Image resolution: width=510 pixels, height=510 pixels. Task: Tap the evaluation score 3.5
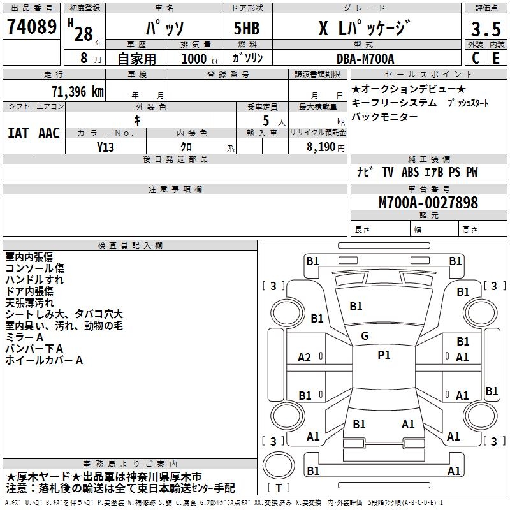[486, 30]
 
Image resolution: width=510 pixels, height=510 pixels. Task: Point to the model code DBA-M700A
[365, 59]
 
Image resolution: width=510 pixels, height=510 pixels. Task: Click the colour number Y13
[106, 147]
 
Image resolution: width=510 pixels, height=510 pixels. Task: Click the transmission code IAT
[18, 133]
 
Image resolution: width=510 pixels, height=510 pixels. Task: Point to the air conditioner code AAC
[49, 133]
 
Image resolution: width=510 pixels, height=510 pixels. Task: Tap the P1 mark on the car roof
[384, 355]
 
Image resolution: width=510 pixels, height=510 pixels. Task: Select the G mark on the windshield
[365, 335]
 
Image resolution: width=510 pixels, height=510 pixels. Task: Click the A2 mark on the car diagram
[305, 358]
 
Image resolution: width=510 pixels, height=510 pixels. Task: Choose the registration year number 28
[84, 34]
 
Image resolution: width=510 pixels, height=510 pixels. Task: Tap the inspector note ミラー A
[24, 337]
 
